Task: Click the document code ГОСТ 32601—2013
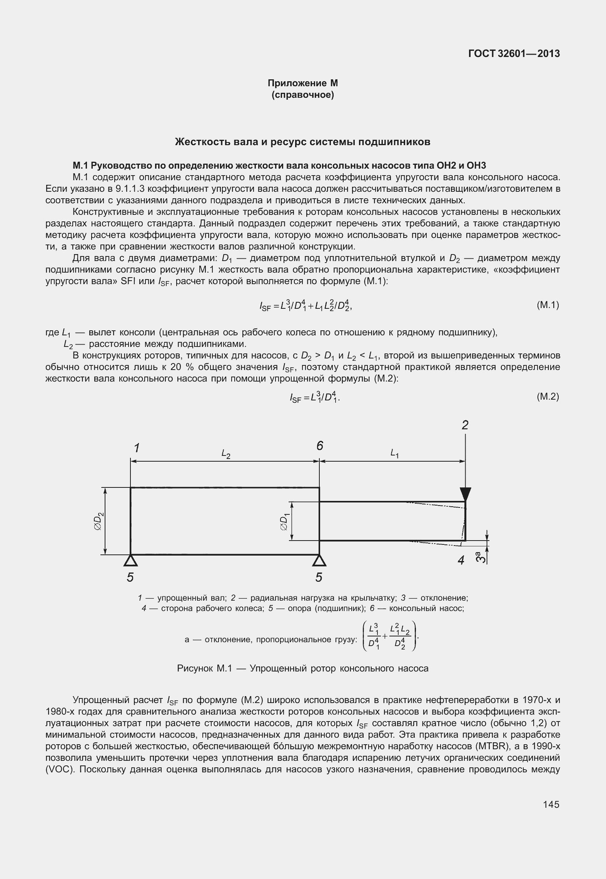click(x=514, y=54)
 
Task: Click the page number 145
click(x=551, y=804)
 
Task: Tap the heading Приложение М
click(x=302, y=83)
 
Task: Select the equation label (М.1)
click(x=548, y=305)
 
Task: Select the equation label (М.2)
click(x=548, y=397)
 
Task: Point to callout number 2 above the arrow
click(x=465, y=425)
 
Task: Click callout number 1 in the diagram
click(x=136, y=448)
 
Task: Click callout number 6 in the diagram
click(x=320, y=446)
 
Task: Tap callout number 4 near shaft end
click(x=461, y=560)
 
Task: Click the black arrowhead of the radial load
click(x=465, y=494)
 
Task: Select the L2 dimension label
click(x=226, y=455)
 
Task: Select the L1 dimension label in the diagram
click(x=394, y=454)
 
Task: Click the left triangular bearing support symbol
click(x=131, y=561)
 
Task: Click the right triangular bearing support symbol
click(x=319, y=561)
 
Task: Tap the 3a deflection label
click(x=479, y=557)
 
